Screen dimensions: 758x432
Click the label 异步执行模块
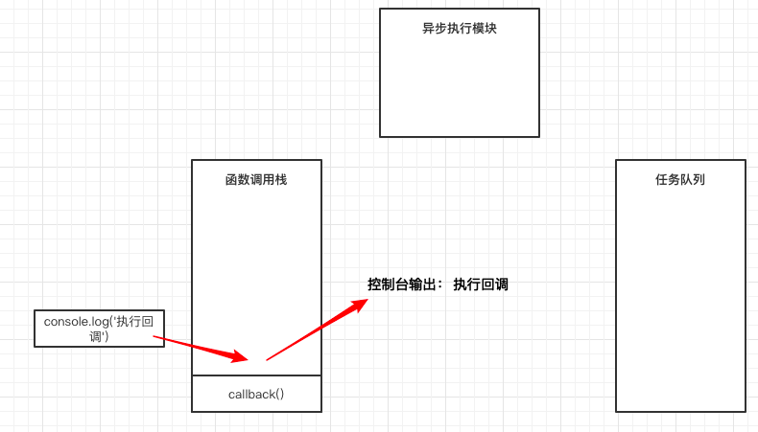(459, 29)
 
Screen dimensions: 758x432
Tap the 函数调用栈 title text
(256, 179)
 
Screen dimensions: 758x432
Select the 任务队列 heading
(680, 179)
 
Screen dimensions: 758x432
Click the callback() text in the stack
(256, 394)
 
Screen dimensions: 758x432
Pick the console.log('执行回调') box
(99, 328)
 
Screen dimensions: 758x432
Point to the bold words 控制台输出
(402, 284)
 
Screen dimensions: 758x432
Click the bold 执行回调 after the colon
(481, 284)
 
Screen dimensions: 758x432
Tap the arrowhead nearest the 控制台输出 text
(360, 304)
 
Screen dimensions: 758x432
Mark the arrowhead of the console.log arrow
(239, 357)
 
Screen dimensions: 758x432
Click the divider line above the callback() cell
(256, 375)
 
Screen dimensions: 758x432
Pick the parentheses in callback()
(279, 394)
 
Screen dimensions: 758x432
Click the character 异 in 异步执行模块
(428, 29)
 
